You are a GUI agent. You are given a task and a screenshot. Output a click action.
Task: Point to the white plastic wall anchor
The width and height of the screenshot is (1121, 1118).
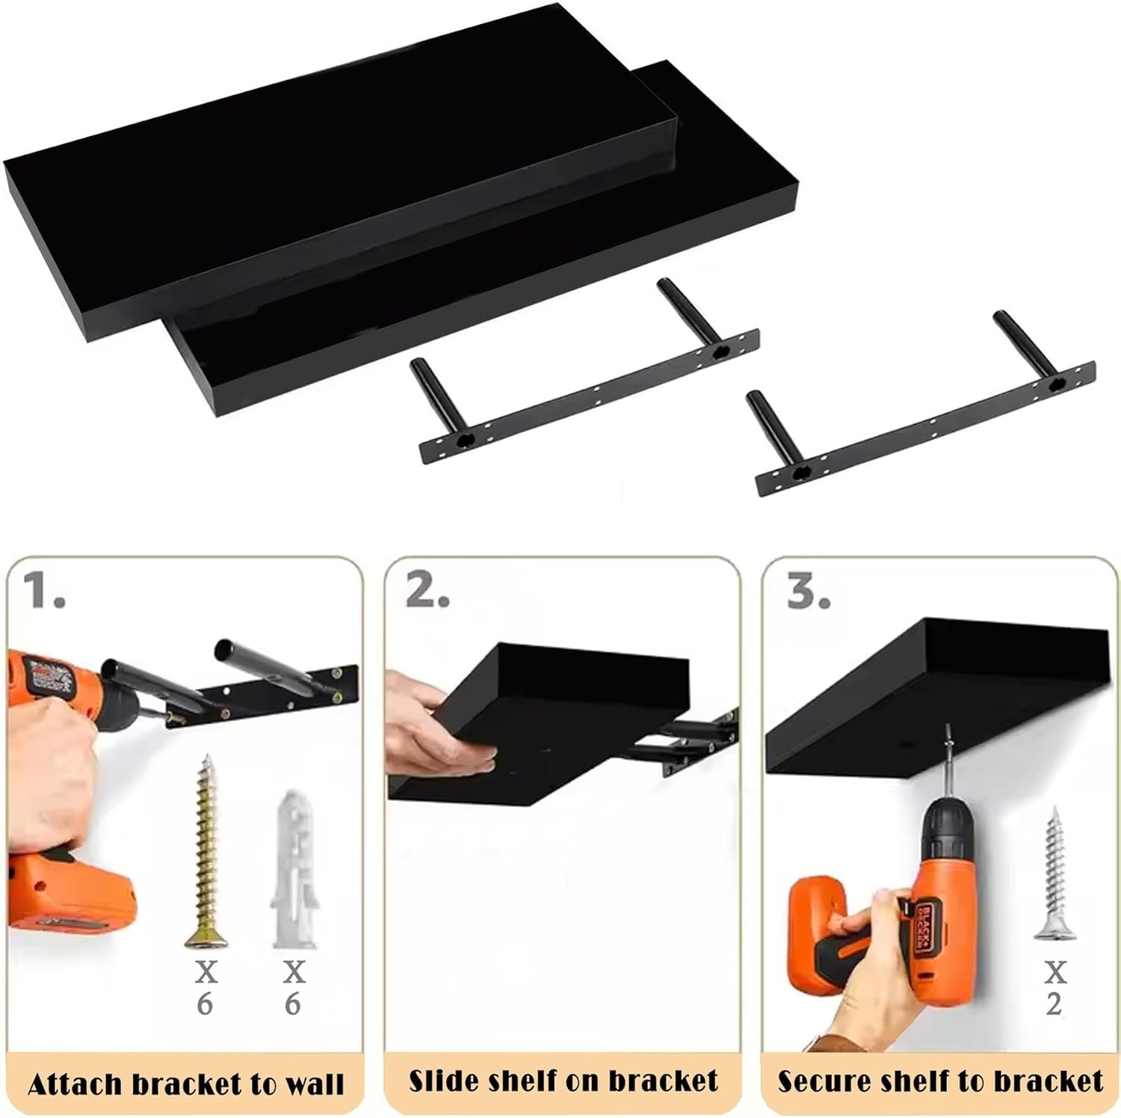pos(294,867)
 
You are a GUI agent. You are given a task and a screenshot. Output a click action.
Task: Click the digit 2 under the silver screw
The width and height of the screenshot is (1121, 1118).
pos(1054,1004)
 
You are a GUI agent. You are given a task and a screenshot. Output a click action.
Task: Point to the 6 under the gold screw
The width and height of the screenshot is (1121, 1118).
pos(205,1004)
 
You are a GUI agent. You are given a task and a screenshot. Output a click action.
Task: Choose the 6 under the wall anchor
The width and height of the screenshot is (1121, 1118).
pos(293,1004)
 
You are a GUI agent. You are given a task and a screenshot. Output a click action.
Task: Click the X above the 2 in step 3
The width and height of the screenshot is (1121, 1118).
pos(1054,972)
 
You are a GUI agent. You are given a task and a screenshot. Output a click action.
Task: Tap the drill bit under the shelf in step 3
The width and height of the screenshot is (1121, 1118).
pos(948,763)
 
